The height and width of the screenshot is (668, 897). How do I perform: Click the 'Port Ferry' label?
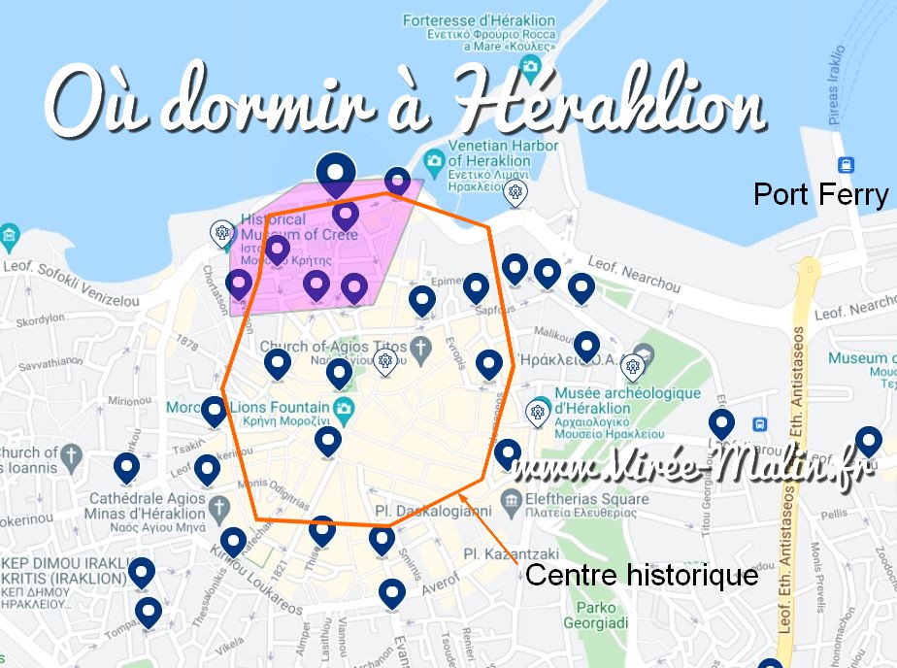pos(820,195)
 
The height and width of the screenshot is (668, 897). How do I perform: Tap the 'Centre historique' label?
pos(641,575)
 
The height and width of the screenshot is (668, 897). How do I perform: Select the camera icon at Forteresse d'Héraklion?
pos(530,66)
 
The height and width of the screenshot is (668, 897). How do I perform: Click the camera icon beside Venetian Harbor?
pos(434,159)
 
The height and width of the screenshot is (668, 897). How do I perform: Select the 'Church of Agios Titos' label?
pos(333,347)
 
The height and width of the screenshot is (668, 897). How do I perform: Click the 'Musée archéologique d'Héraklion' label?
pos(627,400)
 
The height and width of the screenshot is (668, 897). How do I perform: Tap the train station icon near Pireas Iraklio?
pos(846,164)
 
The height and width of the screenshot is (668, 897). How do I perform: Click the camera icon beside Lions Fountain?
pos(343,407)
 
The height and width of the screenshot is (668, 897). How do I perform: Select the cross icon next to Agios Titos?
pos(420,347)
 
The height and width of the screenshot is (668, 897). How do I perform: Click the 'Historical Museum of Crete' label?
pos(299,227)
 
